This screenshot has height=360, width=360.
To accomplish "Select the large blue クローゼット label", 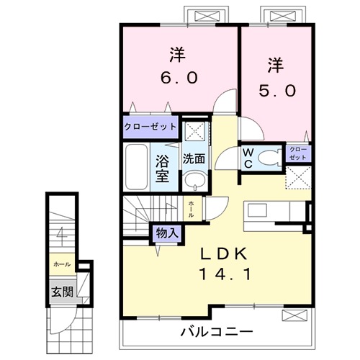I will point(150,126).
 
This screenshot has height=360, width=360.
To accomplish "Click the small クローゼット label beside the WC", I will point(298,153).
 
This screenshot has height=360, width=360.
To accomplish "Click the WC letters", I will point(247,157).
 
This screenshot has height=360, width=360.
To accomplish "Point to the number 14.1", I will point(224,274).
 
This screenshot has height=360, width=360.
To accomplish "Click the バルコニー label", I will point(216,333).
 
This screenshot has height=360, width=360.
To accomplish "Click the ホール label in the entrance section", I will point(61,264).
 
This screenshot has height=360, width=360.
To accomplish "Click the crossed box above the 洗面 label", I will point(192,131).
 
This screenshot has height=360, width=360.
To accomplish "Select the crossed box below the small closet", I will point(298,176).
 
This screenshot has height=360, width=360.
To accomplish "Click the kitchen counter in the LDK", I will point(274,210).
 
